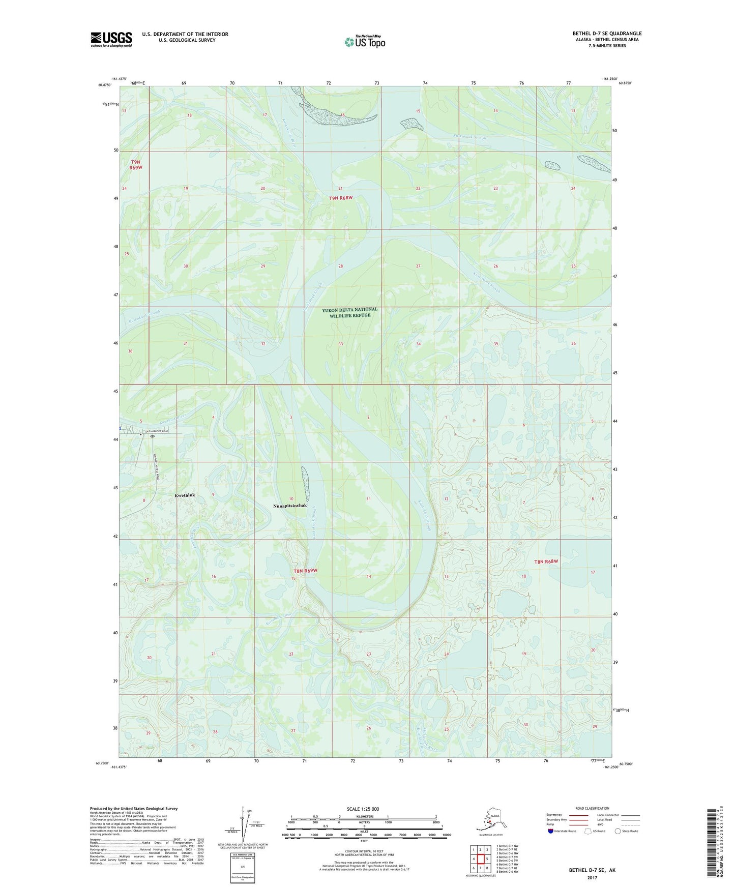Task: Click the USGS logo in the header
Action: point(111,39)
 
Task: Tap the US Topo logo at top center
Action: point(365,41)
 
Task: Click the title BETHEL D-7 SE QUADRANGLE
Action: point(607,34)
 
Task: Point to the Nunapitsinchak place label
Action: point(289,506)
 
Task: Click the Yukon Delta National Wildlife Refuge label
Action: point(350,312)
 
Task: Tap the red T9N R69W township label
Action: point(135,164)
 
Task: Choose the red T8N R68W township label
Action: point(546,561)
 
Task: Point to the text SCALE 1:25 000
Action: point(363,809)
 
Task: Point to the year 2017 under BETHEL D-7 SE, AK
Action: point(592,877)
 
